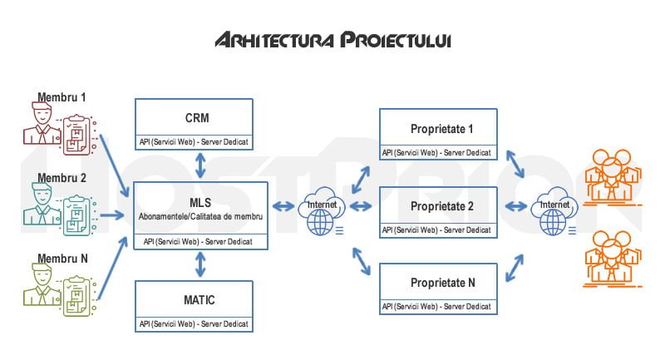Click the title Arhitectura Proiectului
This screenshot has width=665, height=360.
coord(332,41)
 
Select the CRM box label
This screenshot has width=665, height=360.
coord(197,117)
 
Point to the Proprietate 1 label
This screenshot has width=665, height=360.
coord(441,129)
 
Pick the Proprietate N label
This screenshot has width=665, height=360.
coord(442,283)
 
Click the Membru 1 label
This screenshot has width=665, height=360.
coord(62,96)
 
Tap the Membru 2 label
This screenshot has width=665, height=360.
coord(62,178)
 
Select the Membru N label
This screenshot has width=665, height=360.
coord(62,259)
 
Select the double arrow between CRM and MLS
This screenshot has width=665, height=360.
coord(200,165)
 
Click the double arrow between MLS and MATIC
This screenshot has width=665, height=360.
coord(200,264)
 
